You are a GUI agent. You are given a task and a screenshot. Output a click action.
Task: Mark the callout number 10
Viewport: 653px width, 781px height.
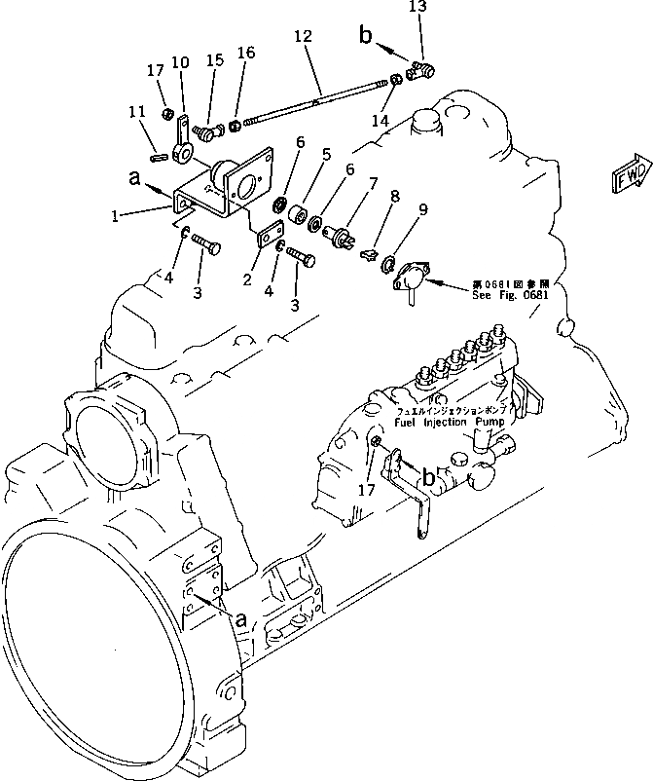(180, 64)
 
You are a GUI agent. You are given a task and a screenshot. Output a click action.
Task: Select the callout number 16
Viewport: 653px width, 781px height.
(246, 54)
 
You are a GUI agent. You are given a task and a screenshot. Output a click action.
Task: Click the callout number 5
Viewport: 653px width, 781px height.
(326, 154)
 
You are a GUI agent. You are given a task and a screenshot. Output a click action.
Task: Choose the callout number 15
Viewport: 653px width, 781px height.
(214, 59)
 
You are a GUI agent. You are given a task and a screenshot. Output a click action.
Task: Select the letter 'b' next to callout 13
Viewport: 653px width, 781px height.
(367, 37)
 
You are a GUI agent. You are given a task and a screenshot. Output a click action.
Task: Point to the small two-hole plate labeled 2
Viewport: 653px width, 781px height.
(270, 235)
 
